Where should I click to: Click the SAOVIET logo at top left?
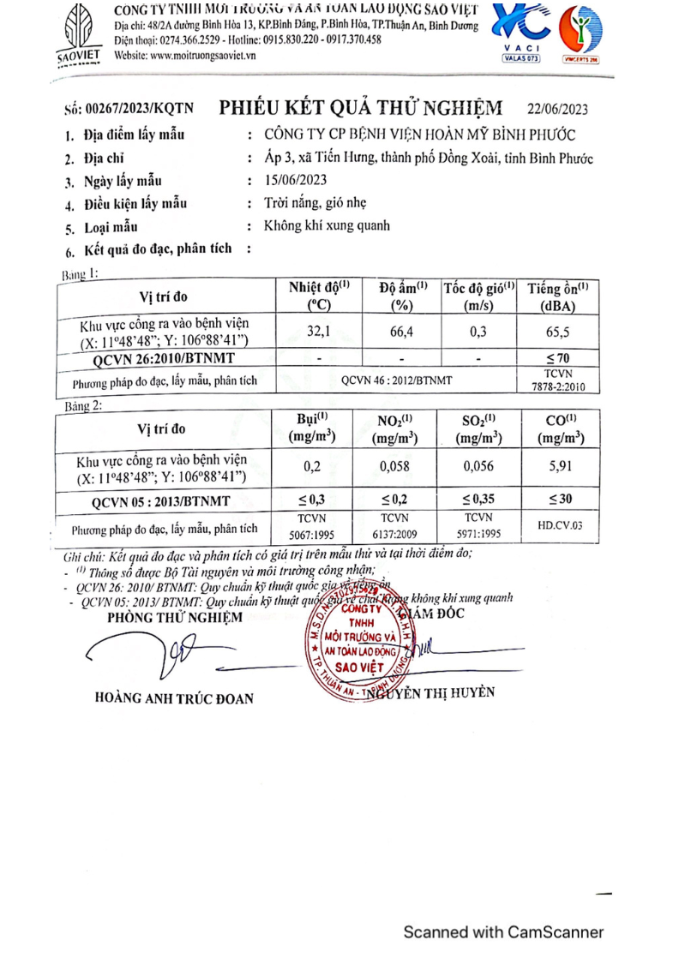tap(78, 32)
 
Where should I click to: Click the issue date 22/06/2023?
tap(557, 109)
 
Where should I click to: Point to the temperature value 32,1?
tap(319, 332)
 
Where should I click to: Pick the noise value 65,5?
tap(557, 332)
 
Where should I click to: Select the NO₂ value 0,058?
tap(395, 467)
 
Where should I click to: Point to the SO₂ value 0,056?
tap(479, 467)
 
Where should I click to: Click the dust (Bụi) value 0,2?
tap(312, 467)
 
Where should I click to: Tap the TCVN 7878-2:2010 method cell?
tap(557, 380)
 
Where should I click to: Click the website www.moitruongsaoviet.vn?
tap(185, 55)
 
